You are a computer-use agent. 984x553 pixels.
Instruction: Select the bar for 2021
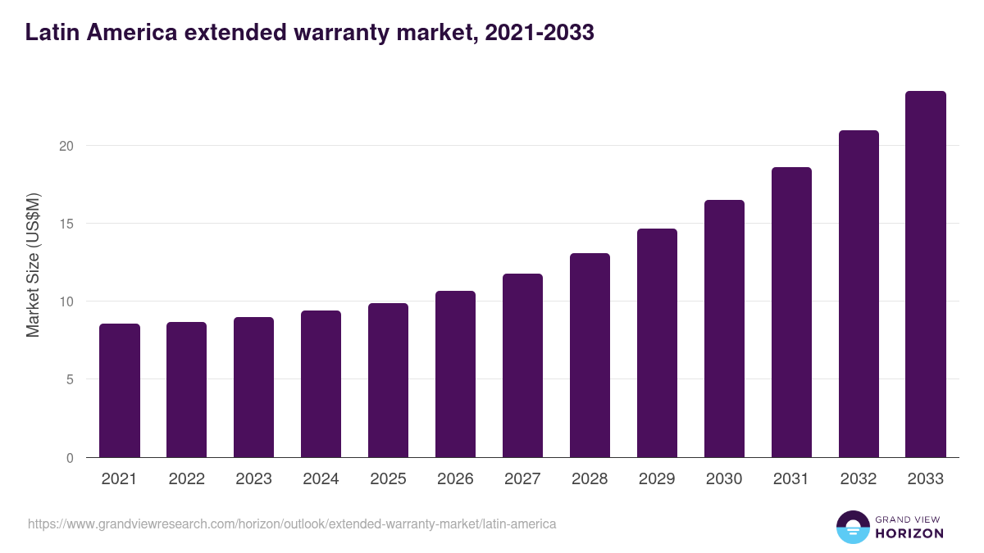click(x=120, y=391)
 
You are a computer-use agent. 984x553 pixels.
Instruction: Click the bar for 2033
click(x=926, y=274)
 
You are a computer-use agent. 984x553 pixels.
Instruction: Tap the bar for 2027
click(x=522, y=365)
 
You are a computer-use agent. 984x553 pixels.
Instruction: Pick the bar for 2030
click(x=724, y=329)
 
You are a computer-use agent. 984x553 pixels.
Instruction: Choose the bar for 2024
click(x=321, y=384)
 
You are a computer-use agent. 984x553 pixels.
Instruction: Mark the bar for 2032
click(x=859, y=294)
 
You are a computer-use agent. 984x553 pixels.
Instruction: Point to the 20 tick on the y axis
click(x=66, y=146)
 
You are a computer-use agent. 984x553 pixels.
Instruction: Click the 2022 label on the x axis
click(x=186, y=479)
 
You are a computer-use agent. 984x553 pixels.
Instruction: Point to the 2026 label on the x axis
click(x=455, y=479)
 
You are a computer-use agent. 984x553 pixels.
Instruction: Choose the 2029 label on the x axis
click(x=657, y=479)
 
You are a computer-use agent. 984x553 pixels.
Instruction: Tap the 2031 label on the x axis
click(x=791, y=479)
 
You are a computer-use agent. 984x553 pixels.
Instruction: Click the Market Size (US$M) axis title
click(x=33, y=264)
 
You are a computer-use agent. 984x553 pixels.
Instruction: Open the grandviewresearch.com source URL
click(x=292, y=524)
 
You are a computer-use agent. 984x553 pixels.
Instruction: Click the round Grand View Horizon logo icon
click(x=852, y=527)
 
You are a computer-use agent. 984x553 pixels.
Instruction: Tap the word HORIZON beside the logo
click(x=910, y=533)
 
